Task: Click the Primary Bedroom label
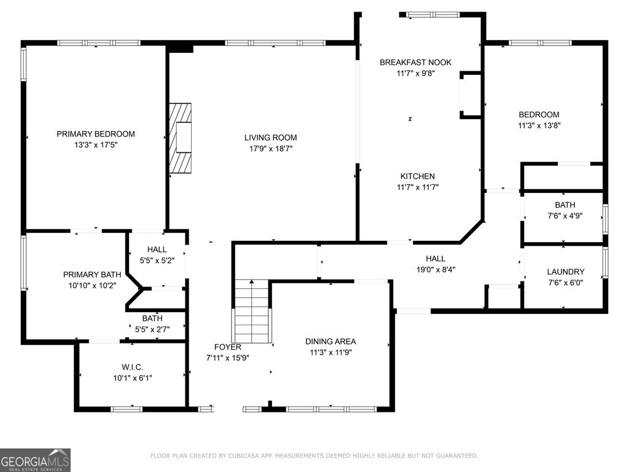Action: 95,134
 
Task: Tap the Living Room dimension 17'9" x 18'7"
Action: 271,149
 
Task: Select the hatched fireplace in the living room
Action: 180,138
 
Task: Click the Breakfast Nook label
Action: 416,62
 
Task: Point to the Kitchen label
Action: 418,176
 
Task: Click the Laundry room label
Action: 566,272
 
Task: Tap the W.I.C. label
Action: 133,368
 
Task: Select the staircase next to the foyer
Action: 251,312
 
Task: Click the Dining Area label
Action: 330,342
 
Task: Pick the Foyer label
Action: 228,347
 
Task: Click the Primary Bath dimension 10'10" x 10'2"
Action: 92,286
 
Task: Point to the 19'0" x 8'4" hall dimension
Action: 436,270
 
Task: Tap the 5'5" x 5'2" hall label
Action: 157,261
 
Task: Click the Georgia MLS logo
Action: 35,460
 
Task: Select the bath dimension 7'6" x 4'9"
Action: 565,216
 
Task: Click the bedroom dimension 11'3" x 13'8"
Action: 539,125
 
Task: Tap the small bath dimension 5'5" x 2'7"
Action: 152,329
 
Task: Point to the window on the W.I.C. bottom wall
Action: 127,409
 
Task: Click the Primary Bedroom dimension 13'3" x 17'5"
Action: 95,145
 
